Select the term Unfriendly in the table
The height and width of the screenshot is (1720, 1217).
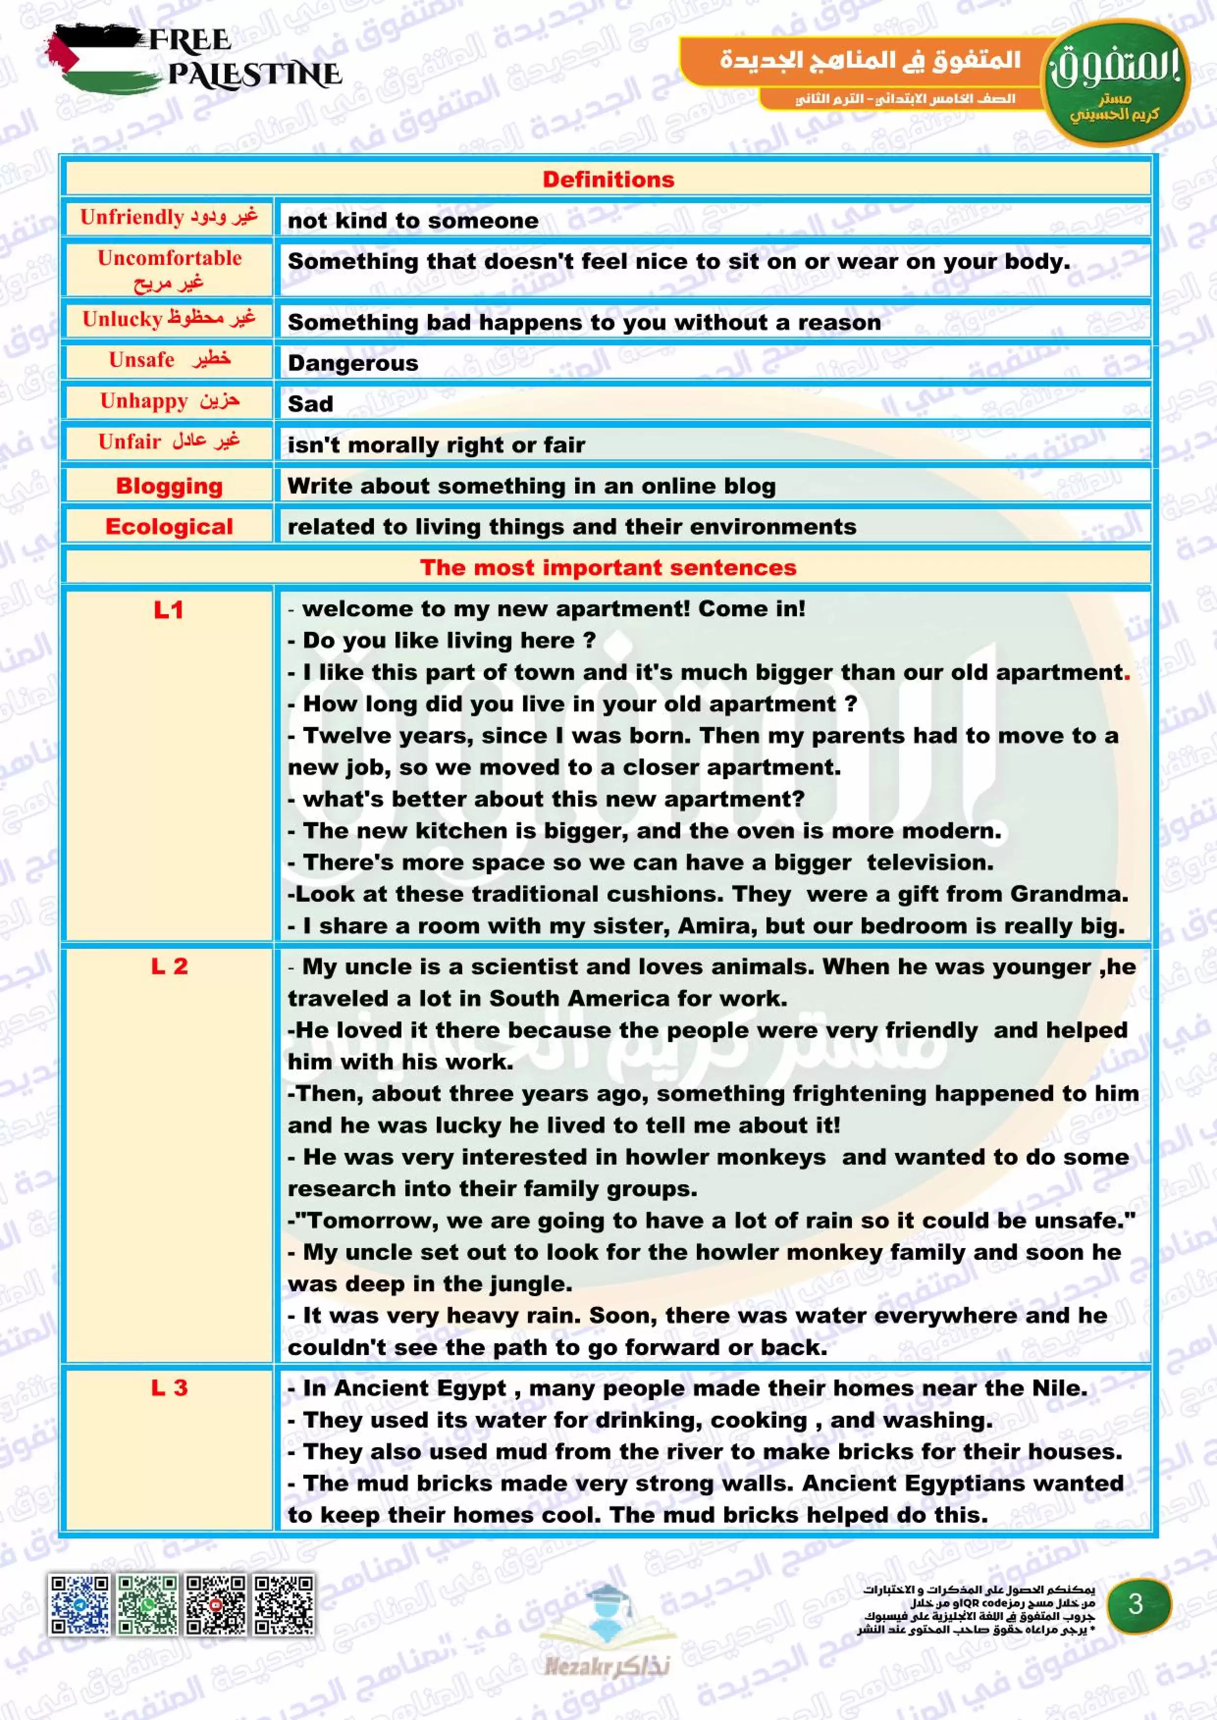(132, 217)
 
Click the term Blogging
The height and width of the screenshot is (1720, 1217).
(169, 486)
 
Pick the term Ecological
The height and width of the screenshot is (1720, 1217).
(169, 526)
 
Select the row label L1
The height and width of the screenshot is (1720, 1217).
(169, 611)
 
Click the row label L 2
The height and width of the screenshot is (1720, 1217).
(169, 966)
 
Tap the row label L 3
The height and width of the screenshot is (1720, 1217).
(169, 1388)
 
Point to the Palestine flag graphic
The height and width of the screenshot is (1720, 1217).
(98, 58)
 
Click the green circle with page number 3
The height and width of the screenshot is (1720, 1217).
(1136, 1604)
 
